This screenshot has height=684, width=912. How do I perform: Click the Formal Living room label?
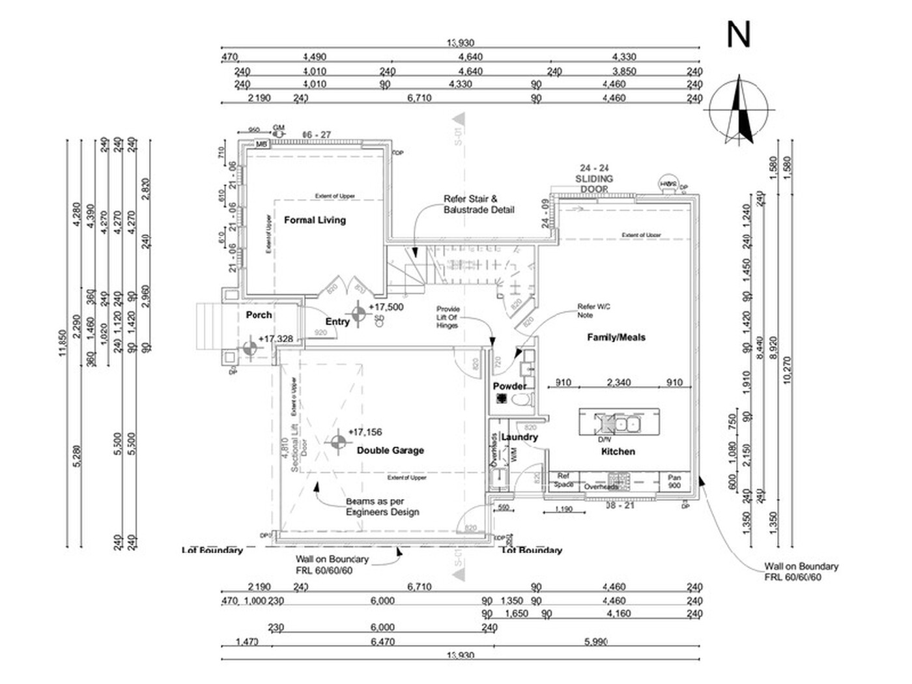pyautogui.click(x=315, y=220)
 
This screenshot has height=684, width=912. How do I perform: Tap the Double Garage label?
pyautogui.click(x=390, y=450)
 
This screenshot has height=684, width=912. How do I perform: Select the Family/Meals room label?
pyautogui.click(x=616, y=337)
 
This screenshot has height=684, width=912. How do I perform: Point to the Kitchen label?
pyautogui.click(x=618, y=451)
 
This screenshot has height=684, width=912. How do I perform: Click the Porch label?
pyautogui.click(x=259, y=315)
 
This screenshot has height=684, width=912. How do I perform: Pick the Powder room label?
pyautogui.click(x=509, y=386)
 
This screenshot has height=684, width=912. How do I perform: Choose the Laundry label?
pyautogui.click(x=520, y=437)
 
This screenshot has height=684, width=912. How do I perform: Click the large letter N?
pyautogui.click(x=738, y=35)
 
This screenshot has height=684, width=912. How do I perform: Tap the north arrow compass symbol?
pyautogui.click(x=739, y=109)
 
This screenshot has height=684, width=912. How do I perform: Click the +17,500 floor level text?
pyautogui.click(x=386, y=307)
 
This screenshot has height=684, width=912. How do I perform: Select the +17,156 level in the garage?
pyautogui.click(x=365, y=432)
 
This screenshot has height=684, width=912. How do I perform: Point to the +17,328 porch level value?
pyautogui.click(x=276, y=339)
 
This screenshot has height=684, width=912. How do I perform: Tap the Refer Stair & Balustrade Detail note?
pyautogui.click(x=479, y=205)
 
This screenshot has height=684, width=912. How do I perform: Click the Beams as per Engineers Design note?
pyautogui.click(x=382, y=507)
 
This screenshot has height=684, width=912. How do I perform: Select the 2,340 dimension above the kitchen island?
pyautogui.click(x=618, y=382)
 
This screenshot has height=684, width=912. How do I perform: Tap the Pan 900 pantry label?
pyautogui.click(x=674, y=481)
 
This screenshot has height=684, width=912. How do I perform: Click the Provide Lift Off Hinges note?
pyautogui.click(x=448, y=317)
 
